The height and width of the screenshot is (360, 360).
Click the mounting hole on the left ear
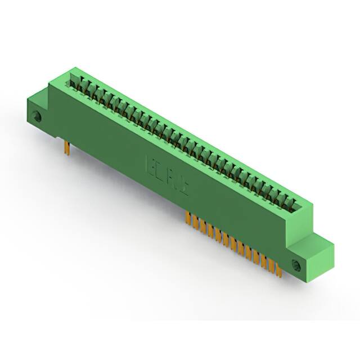point(38,117)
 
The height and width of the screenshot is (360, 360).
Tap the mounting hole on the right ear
point(296,264)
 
